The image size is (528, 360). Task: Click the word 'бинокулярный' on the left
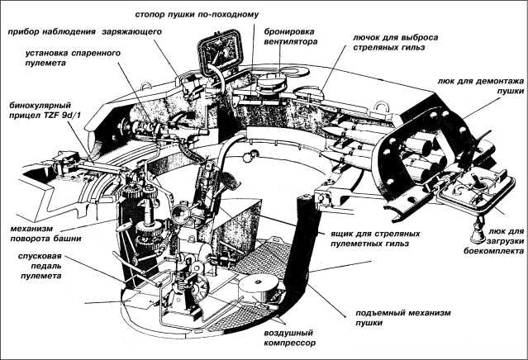click(x=39, y=107)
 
